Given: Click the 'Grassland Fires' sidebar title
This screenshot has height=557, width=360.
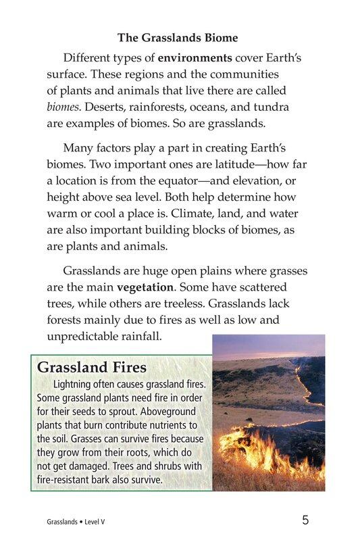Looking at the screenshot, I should pyautogui.click(x=91, y=368).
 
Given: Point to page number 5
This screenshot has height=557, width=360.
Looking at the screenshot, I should pyautogui.click(x=306, y=520).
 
